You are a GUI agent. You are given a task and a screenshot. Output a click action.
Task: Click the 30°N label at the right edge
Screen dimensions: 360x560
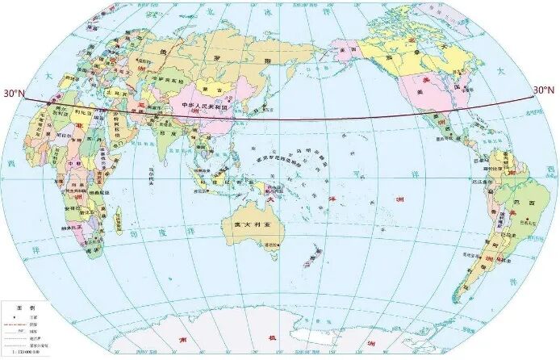(x=544, y=89)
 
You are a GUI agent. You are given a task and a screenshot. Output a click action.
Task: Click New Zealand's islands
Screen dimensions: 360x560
(x=310, y=257)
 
